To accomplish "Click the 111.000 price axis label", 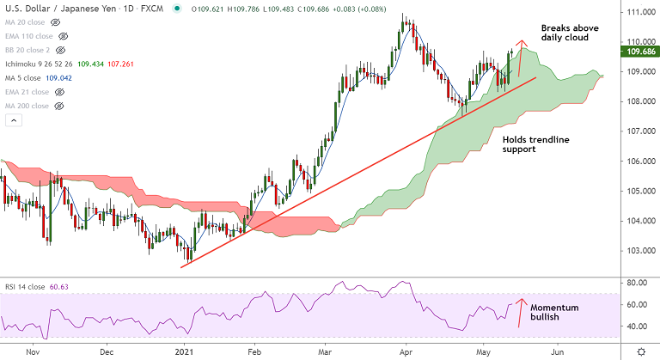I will tap(638, 12).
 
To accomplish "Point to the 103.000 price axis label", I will tap(638, 251).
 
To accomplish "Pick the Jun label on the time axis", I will tap(558, 351).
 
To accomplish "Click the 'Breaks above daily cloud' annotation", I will tap(569, 34).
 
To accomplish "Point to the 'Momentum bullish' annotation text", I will tap(553, 313).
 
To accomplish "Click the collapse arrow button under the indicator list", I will tap(13, 120).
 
